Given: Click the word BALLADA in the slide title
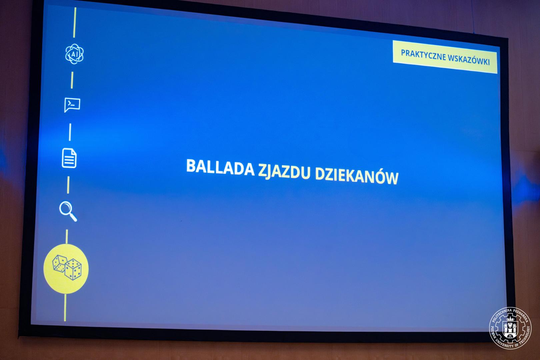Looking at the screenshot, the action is pos(220,167).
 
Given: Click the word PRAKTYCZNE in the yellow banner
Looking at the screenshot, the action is pos(423,55).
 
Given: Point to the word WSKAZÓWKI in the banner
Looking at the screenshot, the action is pos(469,60).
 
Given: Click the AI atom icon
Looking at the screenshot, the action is pos(74,54).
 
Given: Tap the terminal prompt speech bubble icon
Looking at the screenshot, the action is pos(72,105).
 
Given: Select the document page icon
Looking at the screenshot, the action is pos(69,158).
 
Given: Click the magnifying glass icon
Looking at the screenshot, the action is pos(68,211).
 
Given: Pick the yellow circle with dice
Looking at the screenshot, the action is pos(66,269).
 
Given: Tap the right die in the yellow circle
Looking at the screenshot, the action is pos(73,270).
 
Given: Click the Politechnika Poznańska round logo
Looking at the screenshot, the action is pos(510,328).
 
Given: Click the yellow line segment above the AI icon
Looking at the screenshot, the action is pos(75,22).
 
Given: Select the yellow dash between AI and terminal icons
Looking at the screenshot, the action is pos(72,80).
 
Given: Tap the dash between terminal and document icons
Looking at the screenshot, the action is pos(70,132).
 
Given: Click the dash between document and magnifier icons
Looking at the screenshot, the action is pos(68,185).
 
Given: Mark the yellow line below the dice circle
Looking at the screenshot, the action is pos(65,308).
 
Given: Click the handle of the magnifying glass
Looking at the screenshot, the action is pos(73,217).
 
